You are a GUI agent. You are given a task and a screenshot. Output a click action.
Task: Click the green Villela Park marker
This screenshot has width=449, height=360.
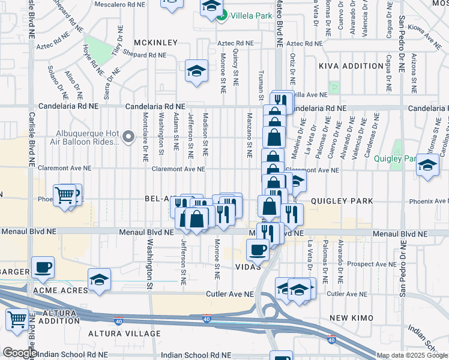pyautogui.click(x=221, y=16)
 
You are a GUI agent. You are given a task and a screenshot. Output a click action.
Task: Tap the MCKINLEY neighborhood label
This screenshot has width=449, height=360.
pyautogui.click(x=155, y=43)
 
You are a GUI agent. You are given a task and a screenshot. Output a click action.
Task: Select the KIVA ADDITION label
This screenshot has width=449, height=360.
pyautogui.click(x=342, y=65)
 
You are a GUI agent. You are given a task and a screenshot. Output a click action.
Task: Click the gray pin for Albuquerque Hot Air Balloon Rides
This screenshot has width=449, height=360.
pyautogui.click(x=128, y=138)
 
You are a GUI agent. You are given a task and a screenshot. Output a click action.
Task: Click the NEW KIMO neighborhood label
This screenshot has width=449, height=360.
pyautogui.click(x=351, y=317)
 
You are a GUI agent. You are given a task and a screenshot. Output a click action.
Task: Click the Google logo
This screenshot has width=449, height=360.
pyautogui.click(x=19, y=353)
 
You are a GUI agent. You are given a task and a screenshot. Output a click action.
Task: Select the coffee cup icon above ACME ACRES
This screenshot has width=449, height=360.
pyautogui.click(x=43, y=267)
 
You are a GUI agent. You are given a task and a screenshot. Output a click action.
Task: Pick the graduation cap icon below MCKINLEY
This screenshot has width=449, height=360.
pyautogui.click(x=196, y=71)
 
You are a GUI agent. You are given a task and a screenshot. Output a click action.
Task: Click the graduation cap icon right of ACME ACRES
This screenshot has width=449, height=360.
pyautogui.click(x=99, y=279)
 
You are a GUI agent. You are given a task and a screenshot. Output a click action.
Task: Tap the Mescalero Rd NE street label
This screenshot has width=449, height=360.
pyautogui.click(x=118, y=4)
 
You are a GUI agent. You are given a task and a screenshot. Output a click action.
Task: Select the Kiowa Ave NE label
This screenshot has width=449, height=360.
pyautogui.click(x=424, y=36)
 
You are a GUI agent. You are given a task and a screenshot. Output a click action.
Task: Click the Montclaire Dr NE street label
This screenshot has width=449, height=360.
pyautogui.click(x=145, y=137)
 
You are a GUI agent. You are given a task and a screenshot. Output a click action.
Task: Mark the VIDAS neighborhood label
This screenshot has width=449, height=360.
pyautogui.click(x=247, y=266)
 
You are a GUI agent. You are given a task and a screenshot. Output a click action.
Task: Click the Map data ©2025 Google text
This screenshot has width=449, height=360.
pyautogui.click(x=411, y=355)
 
